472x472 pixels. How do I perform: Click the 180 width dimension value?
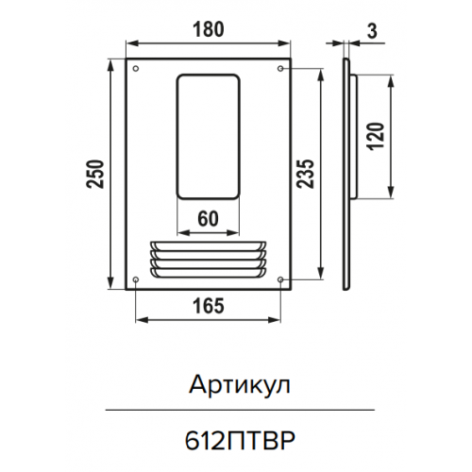209,29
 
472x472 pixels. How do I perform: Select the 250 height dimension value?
95,174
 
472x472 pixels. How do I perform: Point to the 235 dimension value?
306,174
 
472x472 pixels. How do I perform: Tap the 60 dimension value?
208,219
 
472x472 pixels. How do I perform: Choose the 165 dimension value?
209,306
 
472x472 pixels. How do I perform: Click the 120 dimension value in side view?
377,137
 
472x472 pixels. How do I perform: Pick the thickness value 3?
372,31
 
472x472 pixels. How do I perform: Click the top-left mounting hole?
136,68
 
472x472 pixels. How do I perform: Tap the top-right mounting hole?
280,68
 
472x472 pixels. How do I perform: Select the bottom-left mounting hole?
136,279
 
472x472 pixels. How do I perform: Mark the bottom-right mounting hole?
280,279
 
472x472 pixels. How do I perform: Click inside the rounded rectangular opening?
208,137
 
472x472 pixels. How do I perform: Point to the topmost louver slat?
208,245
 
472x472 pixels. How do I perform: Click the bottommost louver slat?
208,273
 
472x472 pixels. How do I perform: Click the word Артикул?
239,385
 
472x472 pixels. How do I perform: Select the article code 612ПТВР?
240,441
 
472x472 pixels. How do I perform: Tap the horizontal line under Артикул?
240,410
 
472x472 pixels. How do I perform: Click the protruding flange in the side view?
353,137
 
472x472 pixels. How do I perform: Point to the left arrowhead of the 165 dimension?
143,320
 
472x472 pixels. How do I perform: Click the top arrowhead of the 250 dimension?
110,66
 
